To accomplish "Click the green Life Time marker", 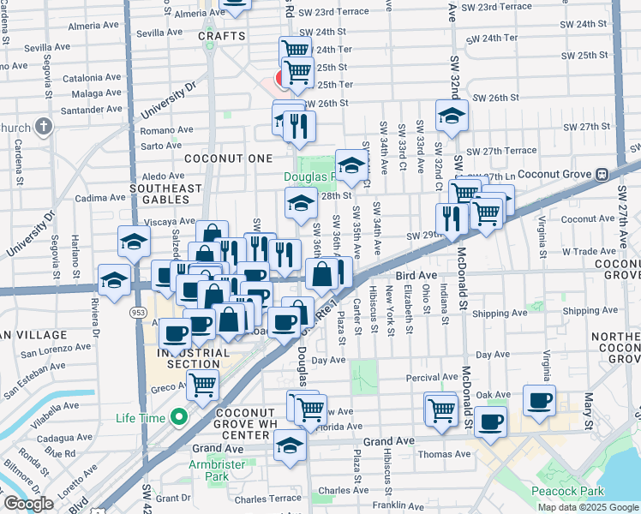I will point(179,418).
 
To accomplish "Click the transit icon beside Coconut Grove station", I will point(602,173).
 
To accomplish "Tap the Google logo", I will point(28,504).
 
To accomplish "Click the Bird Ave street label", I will point(417,276).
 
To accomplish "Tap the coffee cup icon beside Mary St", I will point(540,400).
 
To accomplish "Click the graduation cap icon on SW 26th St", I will point(451,116).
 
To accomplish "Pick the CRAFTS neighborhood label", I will point(222,36).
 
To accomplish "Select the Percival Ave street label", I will point(432,377).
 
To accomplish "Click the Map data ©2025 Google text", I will point(589,507).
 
